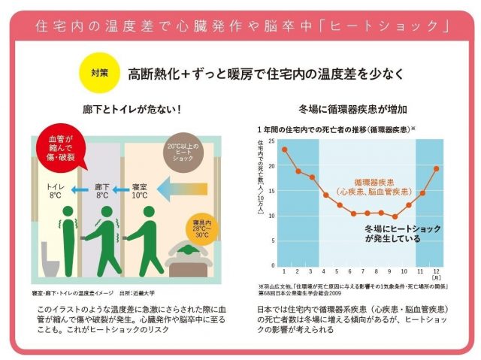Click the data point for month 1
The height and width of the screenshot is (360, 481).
[284, 149]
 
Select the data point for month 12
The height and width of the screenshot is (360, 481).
[437, 168]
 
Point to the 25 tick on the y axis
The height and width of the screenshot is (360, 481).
[272, 141]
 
